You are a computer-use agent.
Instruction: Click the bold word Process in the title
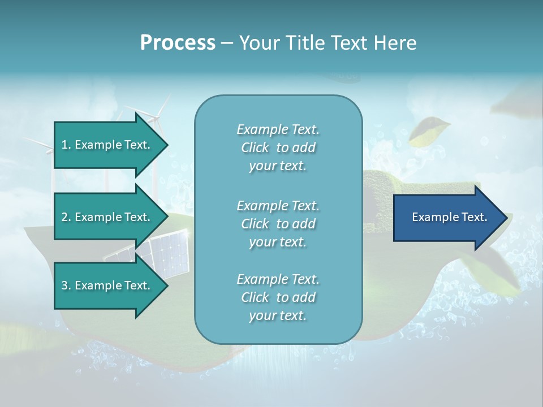coord(178,43)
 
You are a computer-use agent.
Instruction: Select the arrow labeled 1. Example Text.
coord(107,145)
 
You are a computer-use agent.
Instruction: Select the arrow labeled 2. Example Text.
coord(107,217)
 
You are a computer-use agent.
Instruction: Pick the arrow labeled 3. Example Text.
coord(107,285)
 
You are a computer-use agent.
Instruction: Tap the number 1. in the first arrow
coord(66,145)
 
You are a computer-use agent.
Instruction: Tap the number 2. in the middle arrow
coord(66,217)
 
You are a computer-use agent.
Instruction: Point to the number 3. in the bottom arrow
coord(66,285)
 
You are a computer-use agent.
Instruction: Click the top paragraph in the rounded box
coord(278,148)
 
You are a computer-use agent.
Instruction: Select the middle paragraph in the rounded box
coord(278,224)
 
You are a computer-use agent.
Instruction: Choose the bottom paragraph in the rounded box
coord(278,297)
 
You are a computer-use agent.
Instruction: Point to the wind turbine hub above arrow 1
coord(154,118)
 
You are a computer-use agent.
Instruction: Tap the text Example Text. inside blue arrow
coord(449,217)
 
